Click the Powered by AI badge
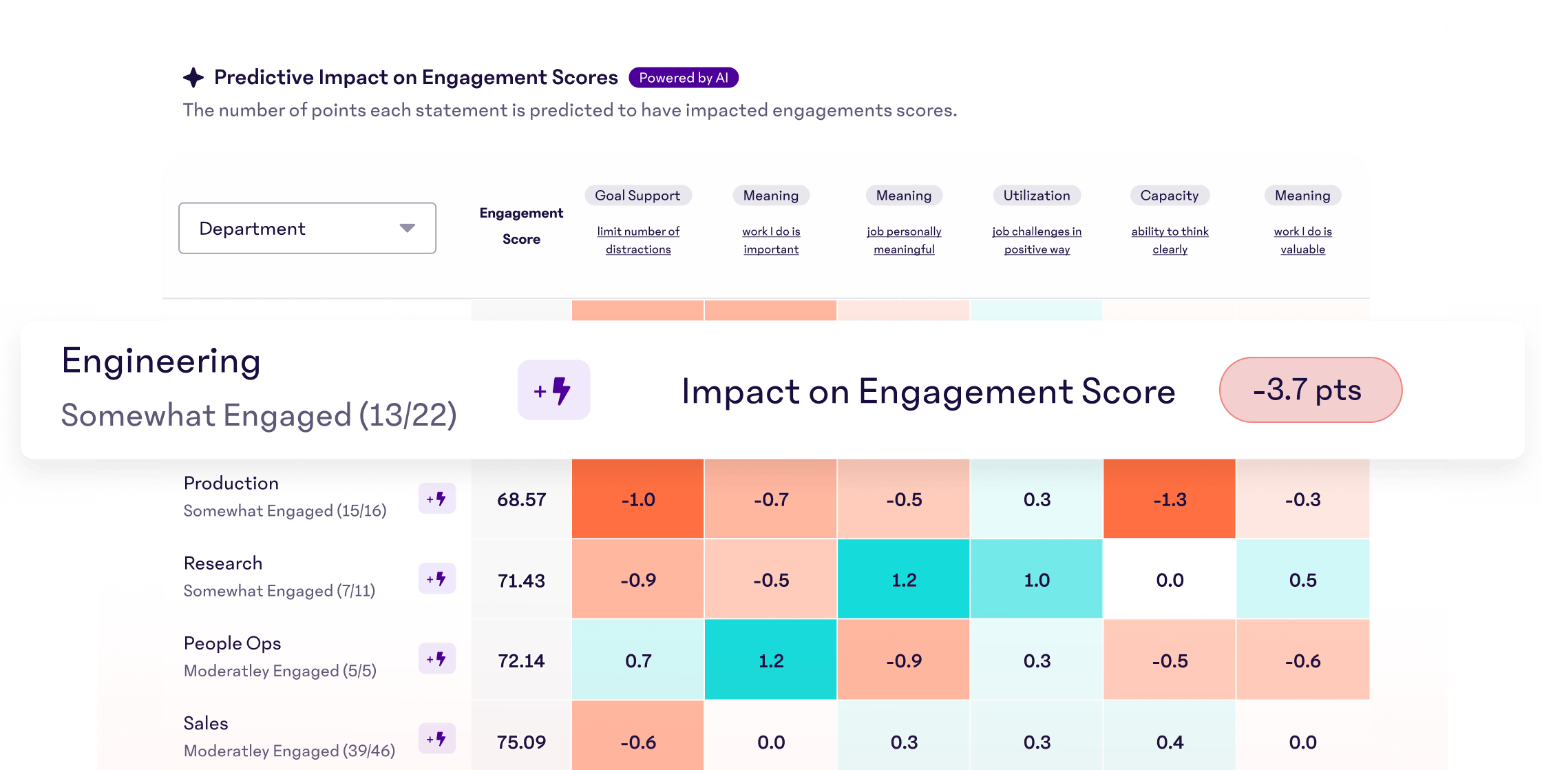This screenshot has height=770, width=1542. (683, 78)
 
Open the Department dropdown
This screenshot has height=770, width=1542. (307, 228)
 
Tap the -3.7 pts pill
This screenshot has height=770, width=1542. (1310, 390)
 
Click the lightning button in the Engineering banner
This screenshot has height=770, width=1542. (553, 390)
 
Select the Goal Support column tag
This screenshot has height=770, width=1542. (637, 196)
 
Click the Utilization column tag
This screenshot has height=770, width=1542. (1036, 196)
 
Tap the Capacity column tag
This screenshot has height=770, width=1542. (1169, 196)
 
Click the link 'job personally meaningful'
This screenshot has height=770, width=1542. (903, 240)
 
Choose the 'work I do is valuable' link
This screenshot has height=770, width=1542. (1302, 240)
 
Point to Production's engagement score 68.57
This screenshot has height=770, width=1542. (521, 499)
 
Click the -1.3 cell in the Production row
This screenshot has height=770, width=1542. (1169, 499)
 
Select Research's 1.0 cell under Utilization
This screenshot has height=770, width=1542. (1036, 580)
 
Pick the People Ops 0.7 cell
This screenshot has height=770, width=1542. (637, 660)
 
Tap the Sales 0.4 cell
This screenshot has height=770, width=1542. (1169, 742)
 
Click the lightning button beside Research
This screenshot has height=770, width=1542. (437, 579)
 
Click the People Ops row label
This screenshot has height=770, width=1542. (232, 643)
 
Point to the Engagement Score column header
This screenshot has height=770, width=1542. (521, 226)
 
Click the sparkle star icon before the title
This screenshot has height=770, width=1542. (193, 77)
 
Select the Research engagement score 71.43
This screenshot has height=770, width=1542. (521, 581)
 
